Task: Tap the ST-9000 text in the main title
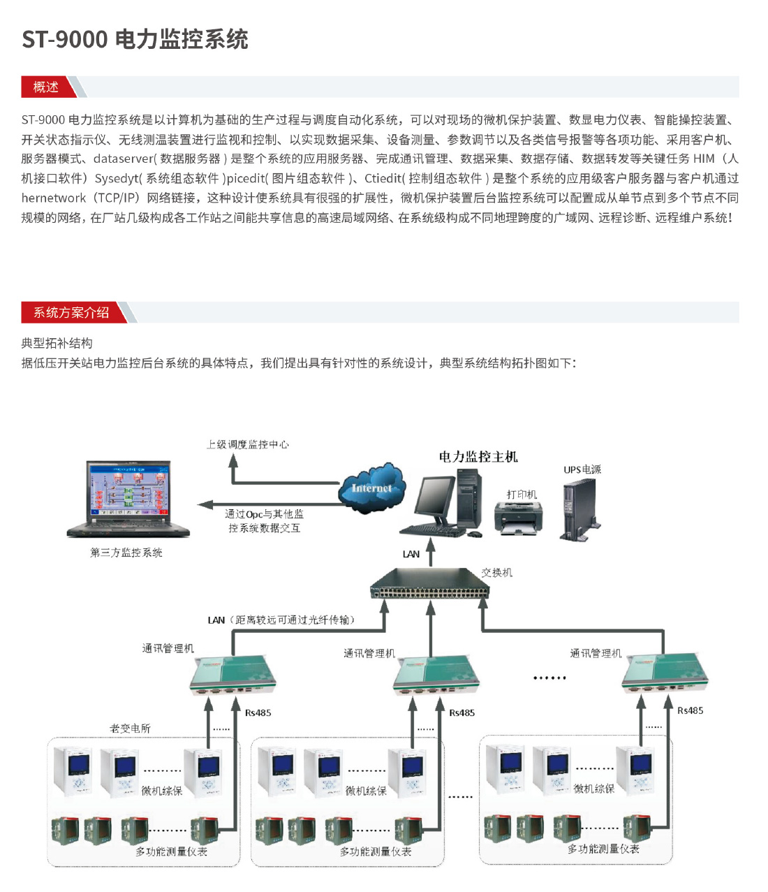pyautogui.click(x=65, y=40)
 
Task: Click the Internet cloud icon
pyautogui.click(x=371, y=488)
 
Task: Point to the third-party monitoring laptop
pyautogui.click(x=128, y=499)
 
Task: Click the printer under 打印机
pyautogui.click(x=518, y=518)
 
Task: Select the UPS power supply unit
pyautogui.click(x=580, y=510)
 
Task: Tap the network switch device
pyautogui.click(x=430, y=583)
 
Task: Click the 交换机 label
pyautogui.click(x=496, y=573)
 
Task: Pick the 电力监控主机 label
pyautogui.click(x=478, y=457)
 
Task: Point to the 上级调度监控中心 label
pyautogui.click(x=248, y=444)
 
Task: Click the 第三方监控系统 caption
pyautogui.click(x=126, y=553)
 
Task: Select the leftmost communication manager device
pyautogui.click(x=233, y=675)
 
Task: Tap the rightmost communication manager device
pyautogui.click(x=665, y=675)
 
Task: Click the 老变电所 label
pyautogui.click(x=130, y=729)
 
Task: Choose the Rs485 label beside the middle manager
pyautogui.click(x=461, y=713)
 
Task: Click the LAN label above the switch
pyautogui.click(x=411, y=554)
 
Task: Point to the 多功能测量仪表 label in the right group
pyautogui.click(x=603, y=849)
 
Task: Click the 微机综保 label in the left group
pyautogui.click(x=162, y=791)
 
